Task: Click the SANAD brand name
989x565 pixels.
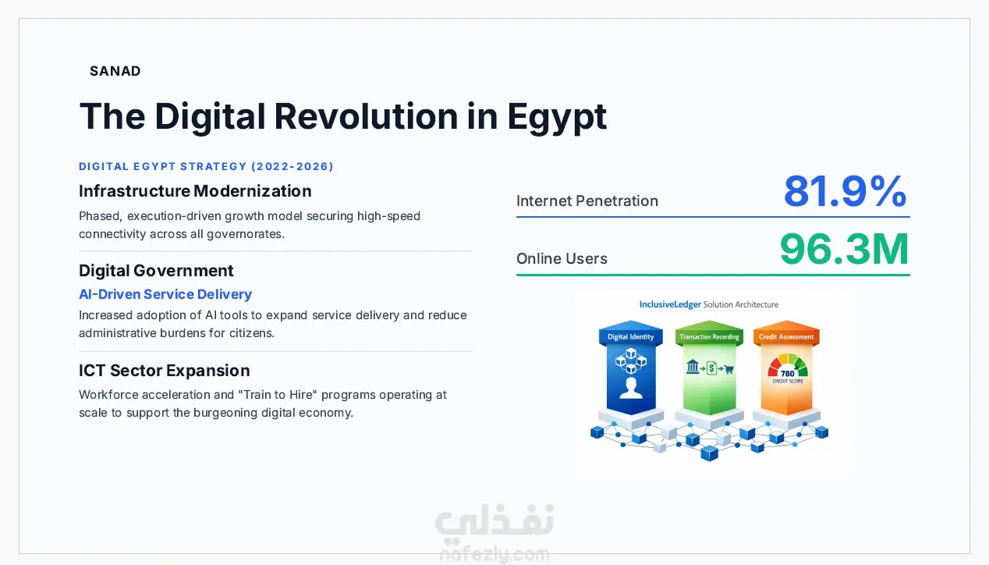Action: pos(115,71)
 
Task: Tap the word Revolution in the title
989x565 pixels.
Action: pos(366,116)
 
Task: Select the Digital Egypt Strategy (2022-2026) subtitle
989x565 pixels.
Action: pos(206,166)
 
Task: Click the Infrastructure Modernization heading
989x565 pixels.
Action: pos(195,191)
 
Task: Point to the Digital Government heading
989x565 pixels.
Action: pos(156,270)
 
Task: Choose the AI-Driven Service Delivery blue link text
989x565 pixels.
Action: pos(165,294)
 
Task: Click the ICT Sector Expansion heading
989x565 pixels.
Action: pos(165,370)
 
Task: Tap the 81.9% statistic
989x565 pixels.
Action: pos(845,191)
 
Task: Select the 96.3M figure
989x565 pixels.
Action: pos(844,250)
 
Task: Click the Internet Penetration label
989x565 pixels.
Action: pos(587,201)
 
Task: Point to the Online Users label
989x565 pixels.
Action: pos(562,258)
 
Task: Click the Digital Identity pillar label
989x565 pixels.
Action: pos(630,336)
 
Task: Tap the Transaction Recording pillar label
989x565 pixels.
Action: pos(709,336)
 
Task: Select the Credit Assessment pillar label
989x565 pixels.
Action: pos(786,336)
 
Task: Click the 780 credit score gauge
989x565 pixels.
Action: pos(788,368)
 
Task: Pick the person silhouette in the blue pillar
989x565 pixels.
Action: pos(631,388)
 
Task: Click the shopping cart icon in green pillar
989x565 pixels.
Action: pos(729,369)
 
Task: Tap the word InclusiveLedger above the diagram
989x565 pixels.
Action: pos(670,304)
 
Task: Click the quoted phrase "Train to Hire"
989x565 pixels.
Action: pos(278,394)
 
